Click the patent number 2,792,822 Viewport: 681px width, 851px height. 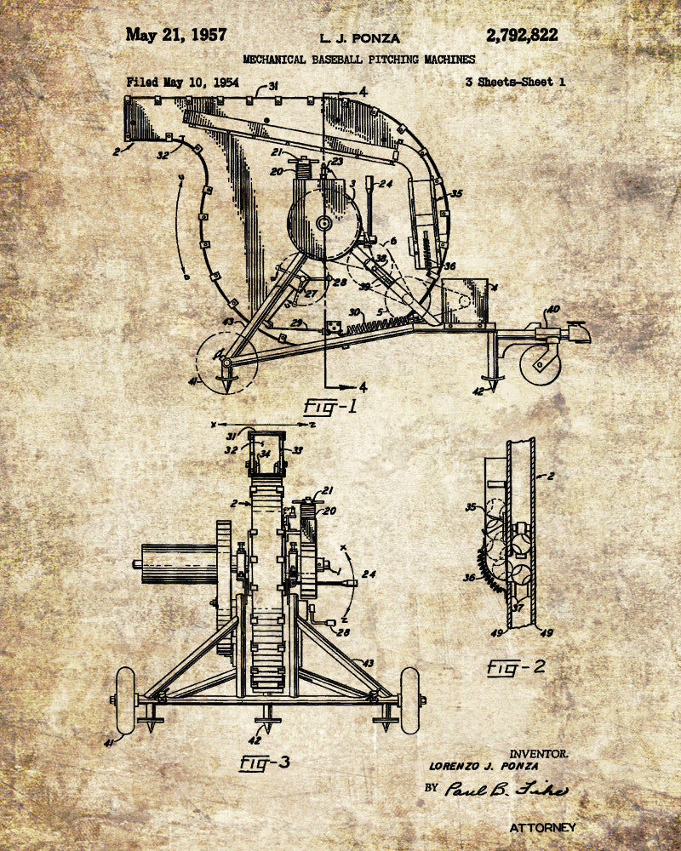pos(522,35)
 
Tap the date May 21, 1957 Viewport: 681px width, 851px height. pos(176,35)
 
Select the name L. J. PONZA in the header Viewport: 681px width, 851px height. pos(359,38)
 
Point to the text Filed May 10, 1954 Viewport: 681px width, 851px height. pos(182,83)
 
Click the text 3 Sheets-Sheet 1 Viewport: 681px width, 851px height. pos(515,83)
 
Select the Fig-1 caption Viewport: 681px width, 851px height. pos(330,406)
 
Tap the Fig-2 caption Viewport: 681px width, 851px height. pos(516,666)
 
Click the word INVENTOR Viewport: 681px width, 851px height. pos(539,753)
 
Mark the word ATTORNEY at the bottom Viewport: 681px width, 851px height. pos(542,827)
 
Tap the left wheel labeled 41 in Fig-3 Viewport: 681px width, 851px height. pos(125,700)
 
